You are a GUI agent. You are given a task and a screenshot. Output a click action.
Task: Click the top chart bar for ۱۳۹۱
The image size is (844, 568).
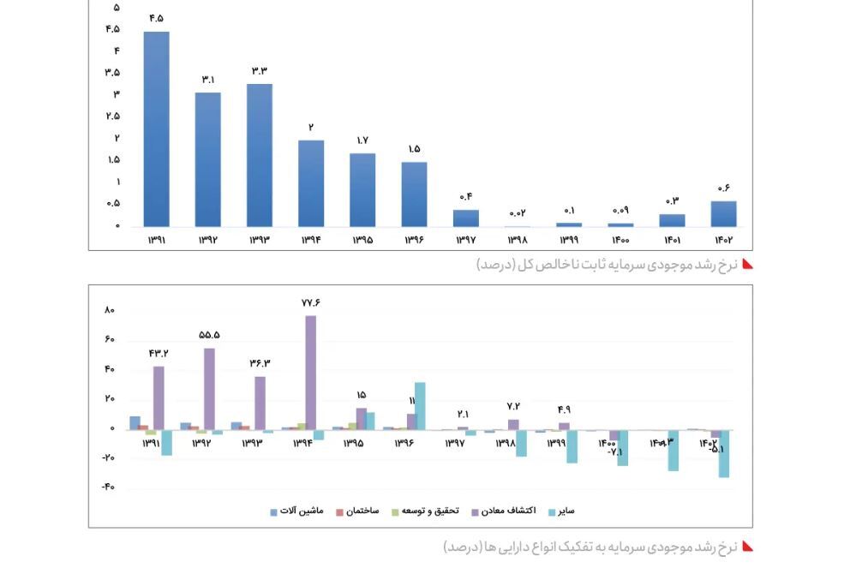[156, 129]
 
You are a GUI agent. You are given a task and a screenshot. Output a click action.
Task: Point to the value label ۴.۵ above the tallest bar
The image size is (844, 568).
[156, 18]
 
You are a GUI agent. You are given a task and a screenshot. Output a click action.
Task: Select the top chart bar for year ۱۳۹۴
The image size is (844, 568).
[311, 182]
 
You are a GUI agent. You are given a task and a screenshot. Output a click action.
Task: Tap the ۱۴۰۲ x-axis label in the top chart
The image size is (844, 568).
[723, 240]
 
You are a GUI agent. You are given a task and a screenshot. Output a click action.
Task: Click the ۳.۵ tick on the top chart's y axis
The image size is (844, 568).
[113, 72]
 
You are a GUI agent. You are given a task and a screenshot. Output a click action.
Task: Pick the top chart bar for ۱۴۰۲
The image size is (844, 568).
[723, 213]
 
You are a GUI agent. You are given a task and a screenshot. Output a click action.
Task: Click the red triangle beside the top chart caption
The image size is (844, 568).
[746, 264]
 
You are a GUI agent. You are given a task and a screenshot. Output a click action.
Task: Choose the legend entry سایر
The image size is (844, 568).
[560, 511]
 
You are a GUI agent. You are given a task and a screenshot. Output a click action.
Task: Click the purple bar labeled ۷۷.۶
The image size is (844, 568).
[310, 372]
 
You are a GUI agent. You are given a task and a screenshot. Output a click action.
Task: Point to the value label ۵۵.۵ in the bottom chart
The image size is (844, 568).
[209, 335]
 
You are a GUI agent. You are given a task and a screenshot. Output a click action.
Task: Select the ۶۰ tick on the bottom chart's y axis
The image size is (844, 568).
[110, 339]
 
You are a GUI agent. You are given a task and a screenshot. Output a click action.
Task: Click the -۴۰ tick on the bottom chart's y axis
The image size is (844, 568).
[108, 487]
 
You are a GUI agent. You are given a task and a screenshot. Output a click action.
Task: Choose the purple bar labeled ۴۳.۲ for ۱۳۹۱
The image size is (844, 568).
[159, 398]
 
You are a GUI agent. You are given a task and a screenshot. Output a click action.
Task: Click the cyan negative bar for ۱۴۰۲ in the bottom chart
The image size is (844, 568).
[724, 453]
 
